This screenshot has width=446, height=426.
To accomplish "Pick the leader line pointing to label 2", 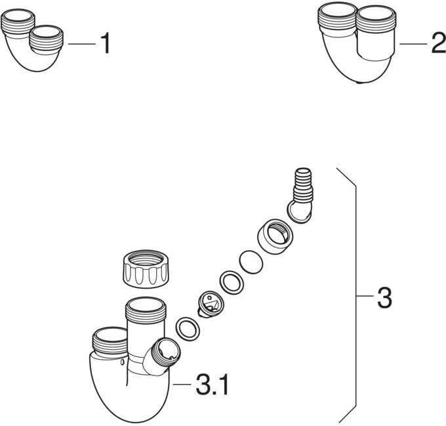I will tap(413, 44).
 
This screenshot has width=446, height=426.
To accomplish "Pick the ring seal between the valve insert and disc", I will tap(230, 282).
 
